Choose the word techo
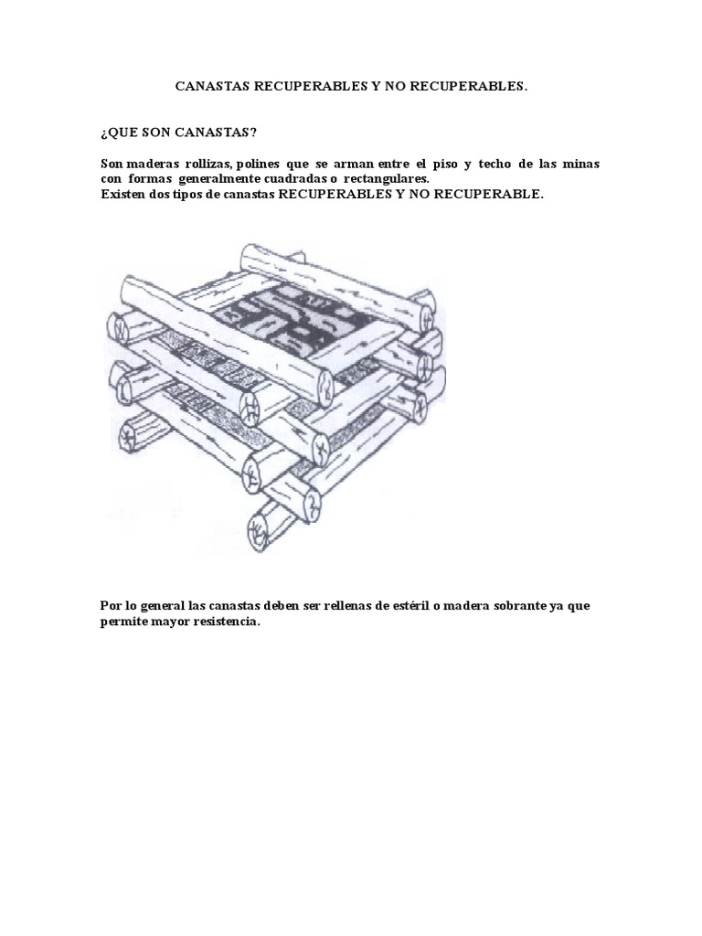pos(495,164)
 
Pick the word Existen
pos(122,195)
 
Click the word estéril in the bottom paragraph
pos(409,606)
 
